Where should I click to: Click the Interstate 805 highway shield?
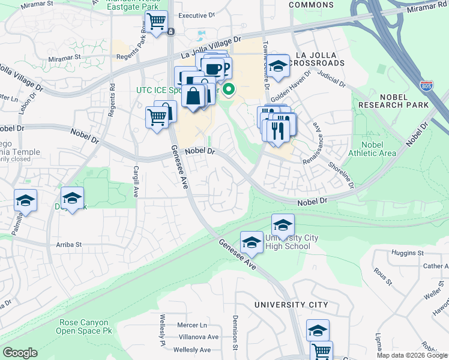[427, 86]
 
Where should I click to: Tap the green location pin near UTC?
[229, 91]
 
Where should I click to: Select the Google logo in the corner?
[20, 353]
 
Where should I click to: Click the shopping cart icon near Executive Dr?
[157, 22]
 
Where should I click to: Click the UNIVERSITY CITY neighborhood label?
[291, 305]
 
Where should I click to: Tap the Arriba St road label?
[69, 245]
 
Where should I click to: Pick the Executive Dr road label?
[196, 15]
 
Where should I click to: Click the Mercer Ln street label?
[192, 325]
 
